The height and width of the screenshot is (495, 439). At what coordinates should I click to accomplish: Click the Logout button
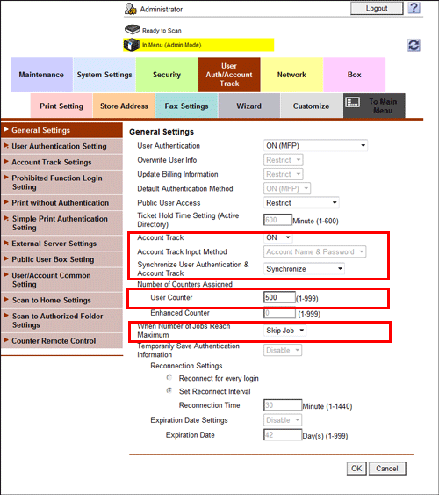point(378,8)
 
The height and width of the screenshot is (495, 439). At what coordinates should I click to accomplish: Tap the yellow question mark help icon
point(414,8)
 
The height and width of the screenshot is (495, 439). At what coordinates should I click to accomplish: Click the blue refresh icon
point(414,45)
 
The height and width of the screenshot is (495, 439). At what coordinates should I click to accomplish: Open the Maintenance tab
point(41,75)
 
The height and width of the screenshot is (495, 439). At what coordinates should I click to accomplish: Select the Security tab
point(166,75)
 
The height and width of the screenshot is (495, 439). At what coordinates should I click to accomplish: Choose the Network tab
point(291,75)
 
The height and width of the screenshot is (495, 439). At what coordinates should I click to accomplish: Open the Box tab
point(354,75)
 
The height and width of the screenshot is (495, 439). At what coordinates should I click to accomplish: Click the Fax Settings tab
point(186,106)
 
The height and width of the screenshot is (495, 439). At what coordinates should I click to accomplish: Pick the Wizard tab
point(248,106)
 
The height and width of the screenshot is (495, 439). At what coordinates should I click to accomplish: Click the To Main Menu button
point(374,106)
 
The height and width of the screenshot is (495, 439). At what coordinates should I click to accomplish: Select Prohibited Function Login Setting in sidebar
point(61,182)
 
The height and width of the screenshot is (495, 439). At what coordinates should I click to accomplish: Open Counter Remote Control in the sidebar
point(61,340)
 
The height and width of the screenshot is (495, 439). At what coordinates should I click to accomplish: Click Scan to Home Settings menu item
point(61,300)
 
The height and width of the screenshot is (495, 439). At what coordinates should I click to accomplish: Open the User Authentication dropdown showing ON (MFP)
point(315,144)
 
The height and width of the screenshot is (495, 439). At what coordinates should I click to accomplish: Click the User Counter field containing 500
point(279,298)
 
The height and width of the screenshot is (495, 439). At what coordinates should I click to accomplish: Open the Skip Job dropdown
point(285,331)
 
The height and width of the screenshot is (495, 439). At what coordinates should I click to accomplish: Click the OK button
point(356,469)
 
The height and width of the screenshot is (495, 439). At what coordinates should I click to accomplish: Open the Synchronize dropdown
point(304,269)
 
